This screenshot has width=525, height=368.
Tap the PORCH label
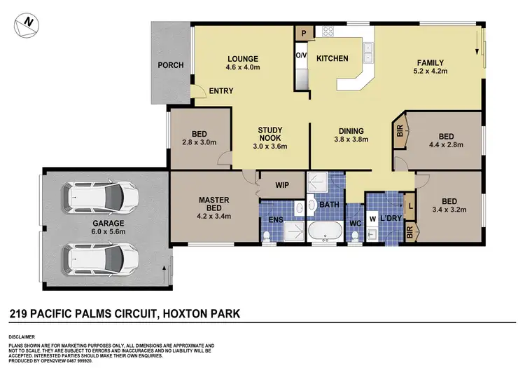[x=170, y=65]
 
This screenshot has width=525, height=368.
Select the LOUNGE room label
[x=243, y=59]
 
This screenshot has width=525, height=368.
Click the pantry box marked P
[x=304, y=33]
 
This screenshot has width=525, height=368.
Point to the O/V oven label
[x=301, y=55]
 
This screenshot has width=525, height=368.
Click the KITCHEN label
[x=332, y=59]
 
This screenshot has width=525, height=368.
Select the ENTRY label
[x=221, y=91]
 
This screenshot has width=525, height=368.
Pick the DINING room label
[x=351, y=130]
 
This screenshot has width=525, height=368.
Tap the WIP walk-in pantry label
[x=282, y=186]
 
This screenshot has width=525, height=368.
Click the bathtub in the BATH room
[x=326, y=231]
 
